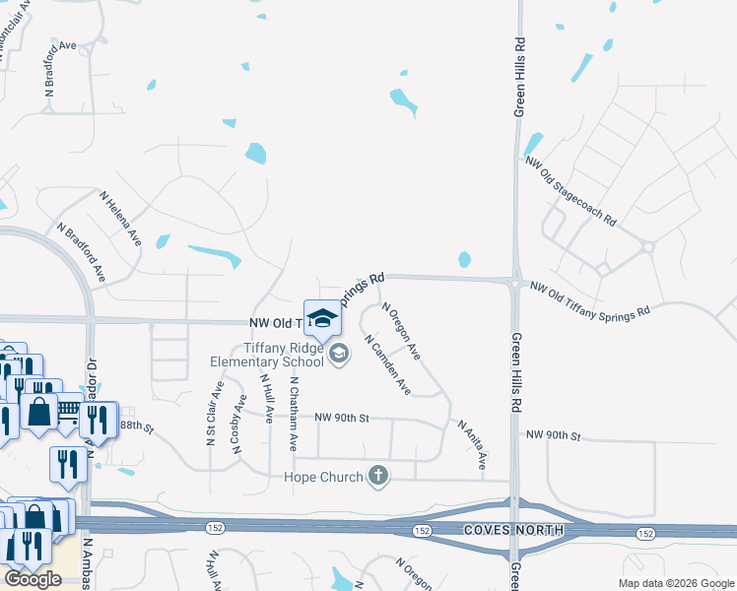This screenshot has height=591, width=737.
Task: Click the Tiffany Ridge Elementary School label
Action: point(266,355)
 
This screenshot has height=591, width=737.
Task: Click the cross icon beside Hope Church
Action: point(377,477)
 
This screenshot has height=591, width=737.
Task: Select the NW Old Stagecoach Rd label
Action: point(570,190)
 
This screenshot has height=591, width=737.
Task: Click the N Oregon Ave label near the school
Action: point(401,332)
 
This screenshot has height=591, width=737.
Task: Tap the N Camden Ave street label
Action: point(387,364)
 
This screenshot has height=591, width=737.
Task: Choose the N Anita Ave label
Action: point(472,442)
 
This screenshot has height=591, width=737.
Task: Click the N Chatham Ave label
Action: point(293,413)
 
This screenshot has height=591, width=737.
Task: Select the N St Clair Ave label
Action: point(211,421)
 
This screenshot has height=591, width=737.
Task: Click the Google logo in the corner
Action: point(33,579)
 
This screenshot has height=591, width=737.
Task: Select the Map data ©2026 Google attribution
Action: point(676,583)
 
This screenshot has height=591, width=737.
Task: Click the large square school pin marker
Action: point(321,317)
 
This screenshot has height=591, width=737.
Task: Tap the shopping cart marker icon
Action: point(68,407)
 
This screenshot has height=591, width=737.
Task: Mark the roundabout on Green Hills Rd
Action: point(515,283)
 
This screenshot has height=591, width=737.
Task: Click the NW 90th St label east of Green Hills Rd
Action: point(554,434)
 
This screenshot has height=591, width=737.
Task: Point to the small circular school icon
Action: point(339,354)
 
